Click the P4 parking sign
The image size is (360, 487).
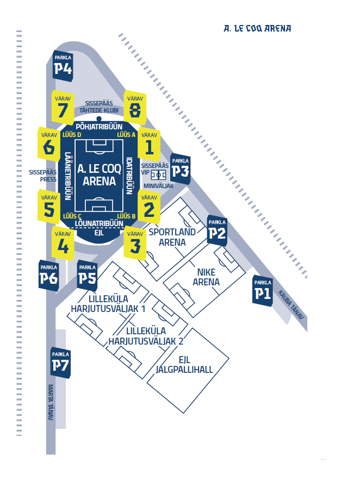[x=63, y=66]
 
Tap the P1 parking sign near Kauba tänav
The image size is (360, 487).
[x=263, y=291]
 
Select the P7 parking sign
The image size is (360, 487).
[x=60, y=363]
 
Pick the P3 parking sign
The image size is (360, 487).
[x=181, y=168]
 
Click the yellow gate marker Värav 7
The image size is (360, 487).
[x=63, y=108]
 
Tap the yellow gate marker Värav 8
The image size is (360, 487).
[x=135, y=108]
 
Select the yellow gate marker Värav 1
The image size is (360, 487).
[x=149, y=144]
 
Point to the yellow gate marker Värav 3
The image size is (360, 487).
[x=135, y=243]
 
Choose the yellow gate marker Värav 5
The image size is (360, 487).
[x=49, y=207]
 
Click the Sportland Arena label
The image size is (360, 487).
[x=172, y=237]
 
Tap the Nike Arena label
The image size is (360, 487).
[x=206, y=277]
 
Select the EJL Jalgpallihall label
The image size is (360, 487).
[x=184, y=365]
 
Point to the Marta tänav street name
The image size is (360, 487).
[x=51, y=402]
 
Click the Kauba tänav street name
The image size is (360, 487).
[x=291, y=305]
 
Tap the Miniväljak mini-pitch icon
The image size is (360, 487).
[x=158, y=175]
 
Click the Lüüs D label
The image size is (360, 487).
[x=72, y=134]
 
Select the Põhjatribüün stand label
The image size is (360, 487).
[x=99, y=127]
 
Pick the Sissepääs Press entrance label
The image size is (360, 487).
[x=43, y=176]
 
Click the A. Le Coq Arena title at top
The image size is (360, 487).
[x=257, y=29]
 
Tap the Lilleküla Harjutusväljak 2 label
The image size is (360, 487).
[x=146, y=336]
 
